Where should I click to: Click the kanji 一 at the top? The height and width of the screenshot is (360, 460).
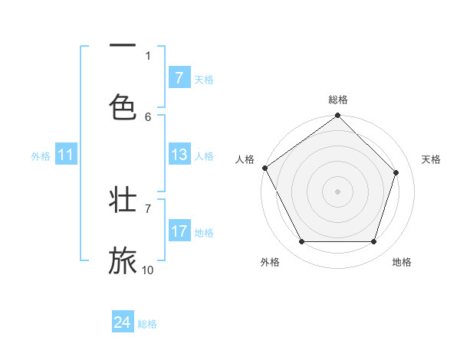[123, 47]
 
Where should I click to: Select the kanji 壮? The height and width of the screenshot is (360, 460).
[123, 200]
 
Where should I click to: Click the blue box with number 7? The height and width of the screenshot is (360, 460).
[179, 78]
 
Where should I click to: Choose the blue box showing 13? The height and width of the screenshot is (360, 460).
[179, 155]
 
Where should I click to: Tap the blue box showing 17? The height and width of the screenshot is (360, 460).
[179, 231]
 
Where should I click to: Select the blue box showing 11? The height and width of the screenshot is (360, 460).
[65, 155]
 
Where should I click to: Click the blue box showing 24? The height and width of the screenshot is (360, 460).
[123, 322]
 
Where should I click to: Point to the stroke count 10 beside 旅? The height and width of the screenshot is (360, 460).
[148, 270]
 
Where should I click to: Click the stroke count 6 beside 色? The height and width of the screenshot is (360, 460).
[148, 116]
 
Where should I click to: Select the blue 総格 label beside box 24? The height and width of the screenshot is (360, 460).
[147, 324]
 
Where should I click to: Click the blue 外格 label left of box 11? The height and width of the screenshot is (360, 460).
[41, 156]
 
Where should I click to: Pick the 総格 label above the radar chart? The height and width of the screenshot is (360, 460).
[338, 100]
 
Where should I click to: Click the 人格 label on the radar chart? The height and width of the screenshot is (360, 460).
[245, 159]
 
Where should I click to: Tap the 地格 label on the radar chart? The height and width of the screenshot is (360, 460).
[402, 262]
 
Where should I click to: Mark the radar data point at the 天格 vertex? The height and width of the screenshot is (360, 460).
[396, 172]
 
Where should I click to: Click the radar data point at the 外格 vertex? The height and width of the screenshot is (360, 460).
[301, 242]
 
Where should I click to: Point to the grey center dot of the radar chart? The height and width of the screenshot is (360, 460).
[337, 191]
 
